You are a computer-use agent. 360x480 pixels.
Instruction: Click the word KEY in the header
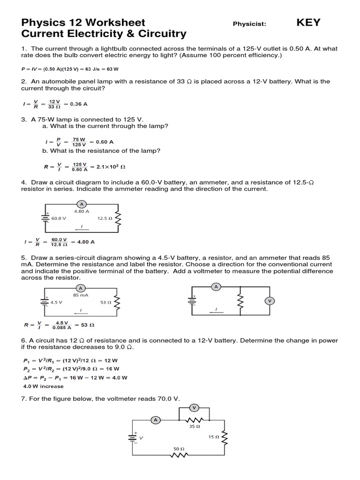coord(308,22)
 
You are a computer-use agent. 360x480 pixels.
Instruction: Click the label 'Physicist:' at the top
coord(249,24)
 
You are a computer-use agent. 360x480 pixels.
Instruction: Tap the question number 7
coord(23,398)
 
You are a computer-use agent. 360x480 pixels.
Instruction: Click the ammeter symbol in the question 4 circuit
coord(82,204)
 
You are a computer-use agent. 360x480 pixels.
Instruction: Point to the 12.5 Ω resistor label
coord(105,218)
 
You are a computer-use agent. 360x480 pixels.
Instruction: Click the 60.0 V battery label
coord(59,218)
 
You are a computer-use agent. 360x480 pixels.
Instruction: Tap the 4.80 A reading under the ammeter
coord(82,211)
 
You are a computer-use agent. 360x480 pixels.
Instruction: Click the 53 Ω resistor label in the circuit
coord(105,302)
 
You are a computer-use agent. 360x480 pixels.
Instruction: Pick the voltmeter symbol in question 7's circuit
coord(194,407)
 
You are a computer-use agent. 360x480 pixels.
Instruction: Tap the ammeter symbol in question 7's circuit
coord(155,420)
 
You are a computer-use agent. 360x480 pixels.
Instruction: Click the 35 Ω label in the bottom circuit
coord(195,427)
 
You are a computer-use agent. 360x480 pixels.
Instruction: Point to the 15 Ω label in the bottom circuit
coord(214,437)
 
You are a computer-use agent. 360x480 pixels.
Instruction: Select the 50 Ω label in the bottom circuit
coord(179,449)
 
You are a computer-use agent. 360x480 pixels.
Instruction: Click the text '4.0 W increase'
coord(43,386)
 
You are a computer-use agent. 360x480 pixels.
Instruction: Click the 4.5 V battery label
coord(57,302)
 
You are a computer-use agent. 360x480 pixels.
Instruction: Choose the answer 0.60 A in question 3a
coord(105,142)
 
